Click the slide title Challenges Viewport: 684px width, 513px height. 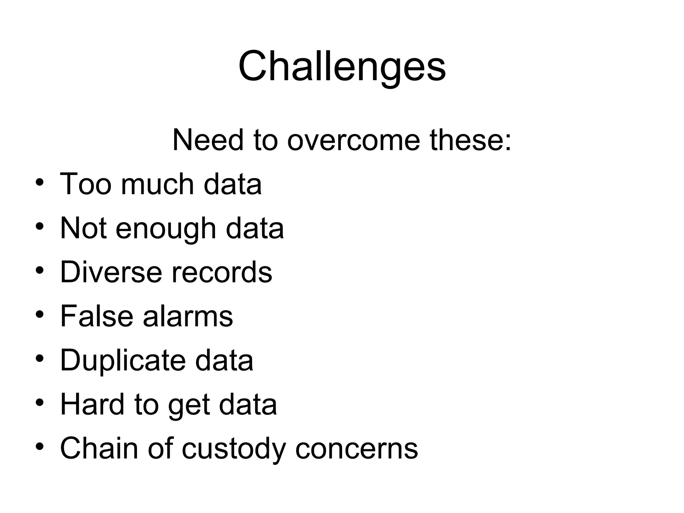(x=342, y=67)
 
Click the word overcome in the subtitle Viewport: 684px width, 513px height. (x=353, y=140)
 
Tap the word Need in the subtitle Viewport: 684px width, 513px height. (x=208, y=140)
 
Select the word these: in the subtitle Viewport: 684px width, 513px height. (x=470, y=140)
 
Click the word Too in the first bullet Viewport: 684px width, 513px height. (x=85, y=184)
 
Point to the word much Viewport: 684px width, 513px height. (x=157, y=184)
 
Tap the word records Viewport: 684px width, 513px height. (x=222, y=272)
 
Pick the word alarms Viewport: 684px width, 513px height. (x=188, y=316)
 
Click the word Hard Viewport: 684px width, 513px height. (x=92, y=404)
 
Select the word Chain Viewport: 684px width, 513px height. (x=99, y=449)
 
